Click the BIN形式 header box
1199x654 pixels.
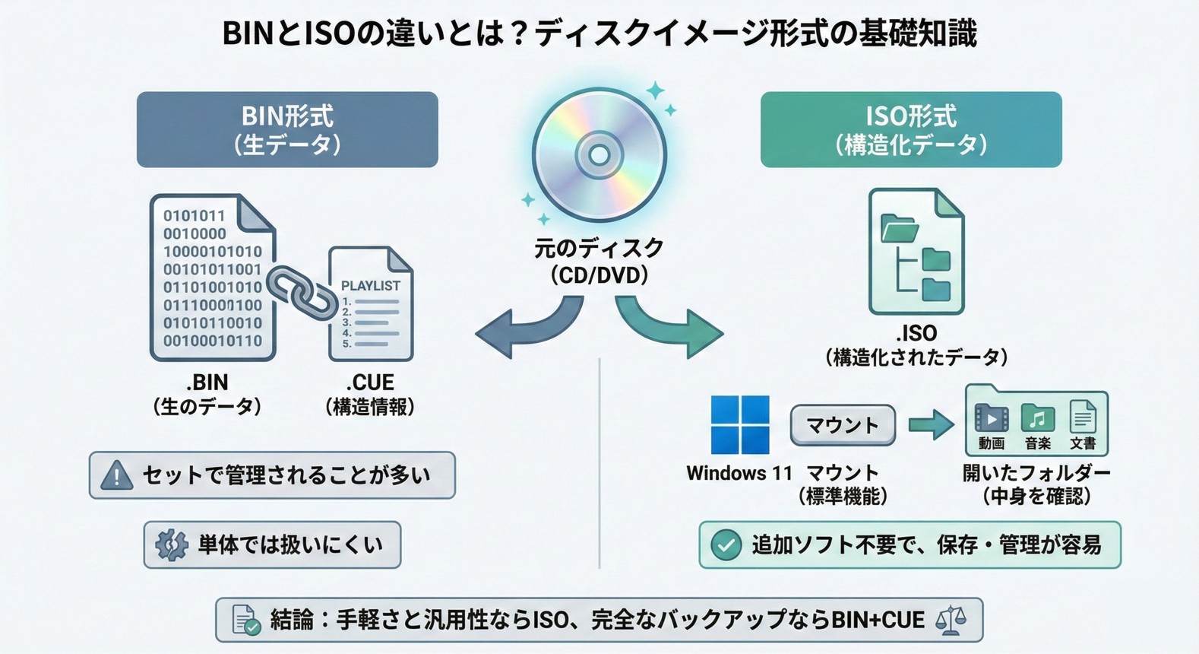click(x=287, y=129)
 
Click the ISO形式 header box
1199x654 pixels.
click(x=910, y=129)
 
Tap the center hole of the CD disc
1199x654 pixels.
click(x=599, y=155)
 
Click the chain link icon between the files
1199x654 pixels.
click(x=302, y=293)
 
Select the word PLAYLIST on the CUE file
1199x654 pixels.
click(x=370, y=286)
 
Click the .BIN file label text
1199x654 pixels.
click(x=207, y=382)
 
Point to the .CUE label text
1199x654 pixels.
click(x=370, y=382)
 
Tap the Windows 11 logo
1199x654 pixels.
click(x=739, y=424)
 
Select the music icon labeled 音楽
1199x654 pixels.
click(x=1037, y=418)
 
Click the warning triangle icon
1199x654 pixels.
click(x=116, y=476)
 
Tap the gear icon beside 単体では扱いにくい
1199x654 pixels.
click(x=172, y=544)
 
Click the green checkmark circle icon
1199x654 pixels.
click(x=726, y=544)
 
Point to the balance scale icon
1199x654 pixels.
click(x=951, y=620)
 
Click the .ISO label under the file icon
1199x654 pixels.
click(x=916, y=333)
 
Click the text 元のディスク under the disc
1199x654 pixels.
click(x=599, y=248)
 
